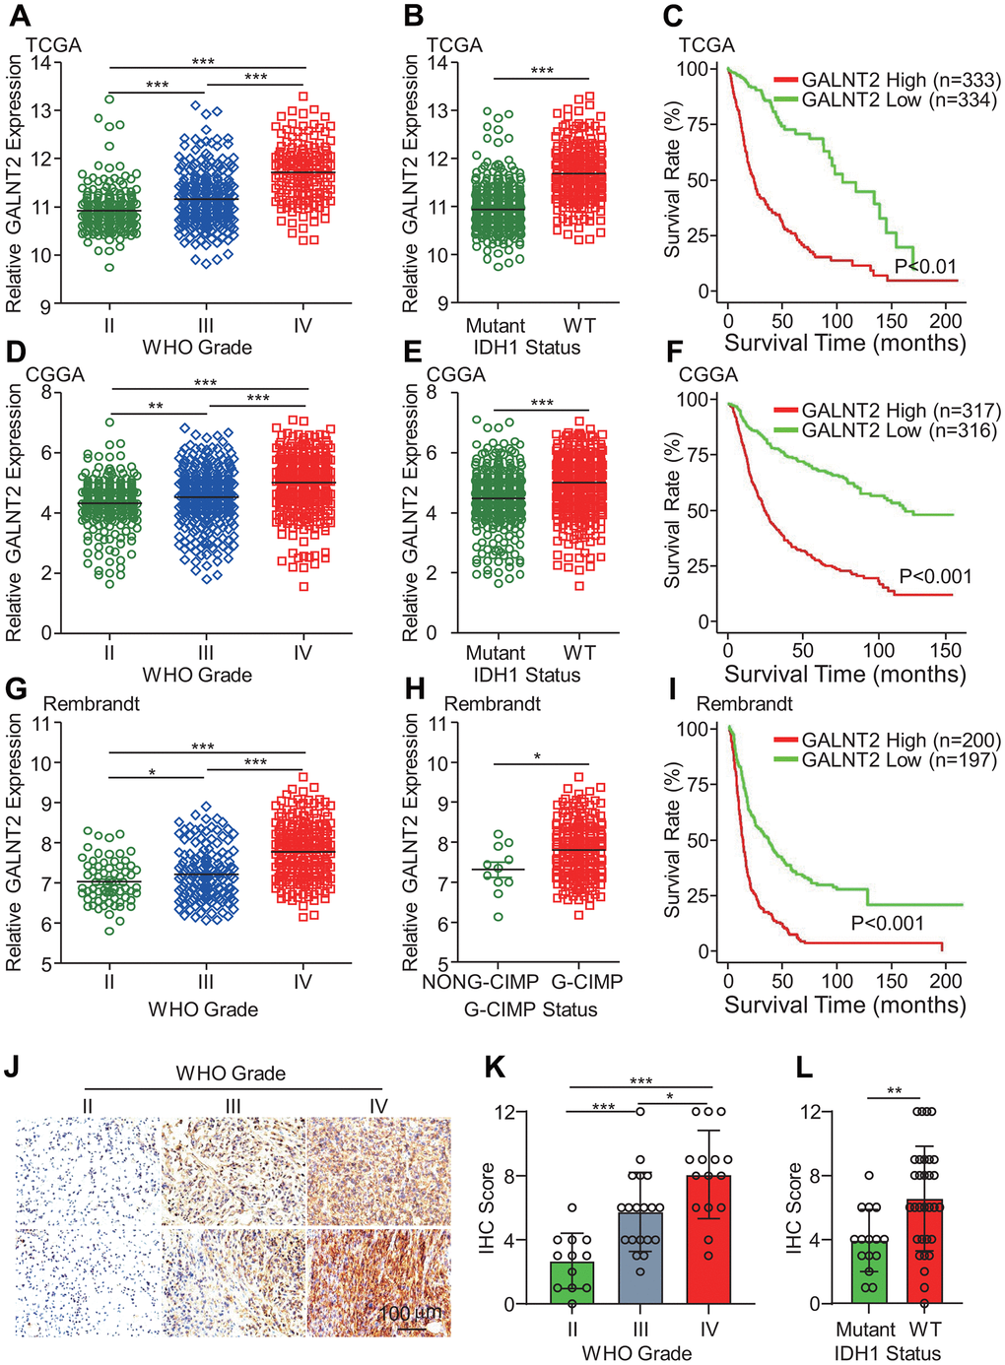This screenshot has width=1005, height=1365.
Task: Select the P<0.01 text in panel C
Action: [x=925, y=266]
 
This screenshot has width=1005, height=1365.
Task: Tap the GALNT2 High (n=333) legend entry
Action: [x=887, y=80]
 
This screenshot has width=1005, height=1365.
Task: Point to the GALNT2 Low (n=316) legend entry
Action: [x=887, y=430]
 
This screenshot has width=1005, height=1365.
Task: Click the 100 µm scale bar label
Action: [x=410, y=1314]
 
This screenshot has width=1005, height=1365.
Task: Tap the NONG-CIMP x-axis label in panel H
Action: [x=480, y=982]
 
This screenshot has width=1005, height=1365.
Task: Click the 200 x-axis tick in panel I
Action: [x=946, y=981]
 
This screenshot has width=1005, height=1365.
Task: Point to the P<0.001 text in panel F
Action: [x=935, y=577]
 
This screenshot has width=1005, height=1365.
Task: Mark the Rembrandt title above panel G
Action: [x=92, y=704]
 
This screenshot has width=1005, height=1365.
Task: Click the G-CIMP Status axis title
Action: [x=530, y=1009]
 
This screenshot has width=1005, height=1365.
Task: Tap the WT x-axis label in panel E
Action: [x=579, y=653]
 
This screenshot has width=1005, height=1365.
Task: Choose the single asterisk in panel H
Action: [x=538, y=756]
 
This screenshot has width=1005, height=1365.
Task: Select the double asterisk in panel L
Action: [x=894, y=1091]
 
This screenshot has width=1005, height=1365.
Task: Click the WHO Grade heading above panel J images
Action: [x=231, y=1073]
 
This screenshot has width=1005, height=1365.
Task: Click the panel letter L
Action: [x=804, y=1068]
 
